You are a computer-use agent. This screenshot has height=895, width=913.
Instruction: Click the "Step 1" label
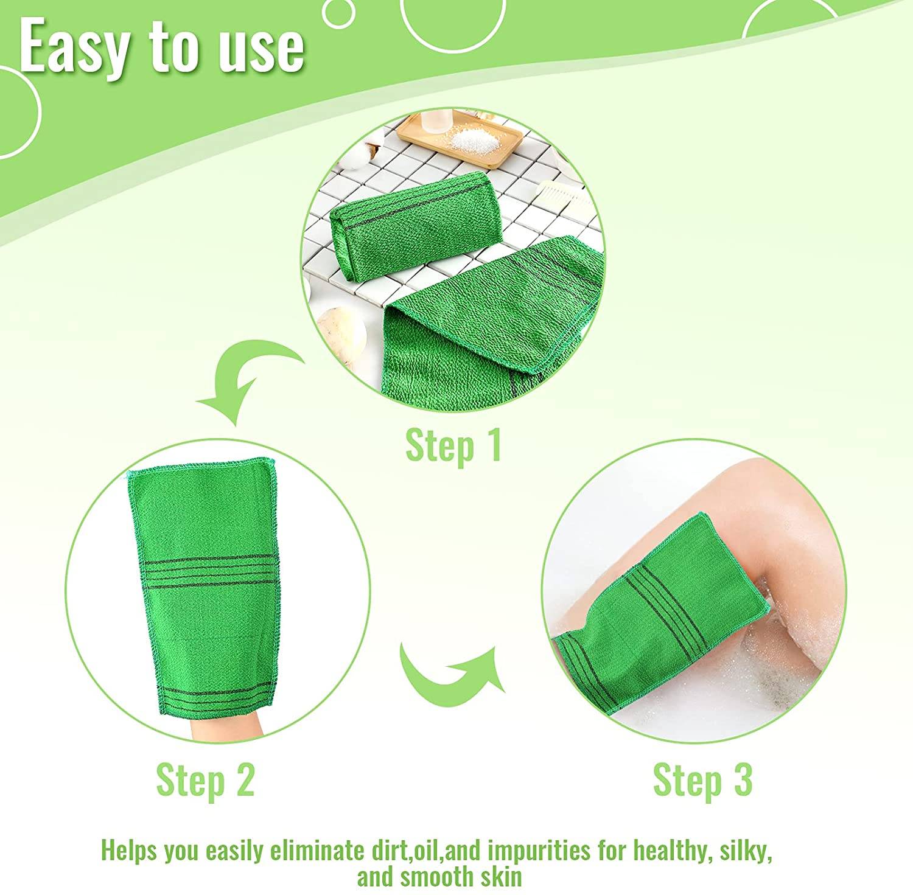[x=453, y=446]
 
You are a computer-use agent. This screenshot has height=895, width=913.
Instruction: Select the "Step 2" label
[x=205, y=779]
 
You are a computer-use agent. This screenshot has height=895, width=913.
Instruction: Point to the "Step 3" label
[x=702, y=779]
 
